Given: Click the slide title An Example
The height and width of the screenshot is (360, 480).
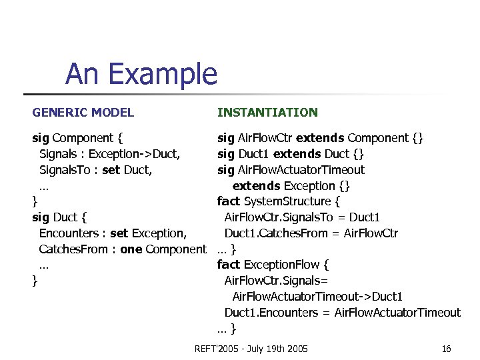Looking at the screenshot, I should click(141, 74).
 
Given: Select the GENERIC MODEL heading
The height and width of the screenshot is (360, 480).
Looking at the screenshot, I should click(83, 113).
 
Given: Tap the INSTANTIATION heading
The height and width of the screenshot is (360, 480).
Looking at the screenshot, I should click(267, 113).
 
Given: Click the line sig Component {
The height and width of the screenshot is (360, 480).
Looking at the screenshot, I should click(77, 138).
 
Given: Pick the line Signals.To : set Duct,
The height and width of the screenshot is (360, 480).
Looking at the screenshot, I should click(95, 170).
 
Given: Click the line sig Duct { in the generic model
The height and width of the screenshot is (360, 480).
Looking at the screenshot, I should click(60, 217).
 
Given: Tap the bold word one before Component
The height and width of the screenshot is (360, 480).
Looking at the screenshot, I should click(131, 249).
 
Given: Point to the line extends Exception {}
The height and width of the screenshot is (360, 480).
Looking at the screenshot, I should click(291, 185).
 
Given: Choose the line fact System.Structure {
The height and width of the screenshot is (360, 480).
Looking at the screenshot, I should click(279, 201).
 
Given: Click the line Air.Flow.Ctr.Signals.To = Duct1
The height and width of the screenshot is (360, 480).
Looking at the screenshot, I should click(302, 217).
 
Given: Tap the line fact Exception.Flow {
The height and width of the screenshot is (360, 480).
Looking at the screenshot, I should click(273, 265).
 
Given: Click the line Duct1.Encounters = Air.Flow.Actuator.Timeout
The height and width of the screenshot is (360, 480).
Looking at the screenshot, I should click(342, 312).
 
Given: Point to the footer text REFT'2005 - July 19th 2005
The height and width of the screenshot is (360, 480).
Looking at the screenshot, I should click(251, 349).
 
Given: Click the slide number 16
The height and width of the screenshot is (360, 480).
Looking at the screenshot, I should click(446, 349).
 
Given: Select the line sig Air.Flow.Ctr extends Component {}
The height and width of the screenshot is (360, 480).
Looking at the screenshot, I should click(320, 138).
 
